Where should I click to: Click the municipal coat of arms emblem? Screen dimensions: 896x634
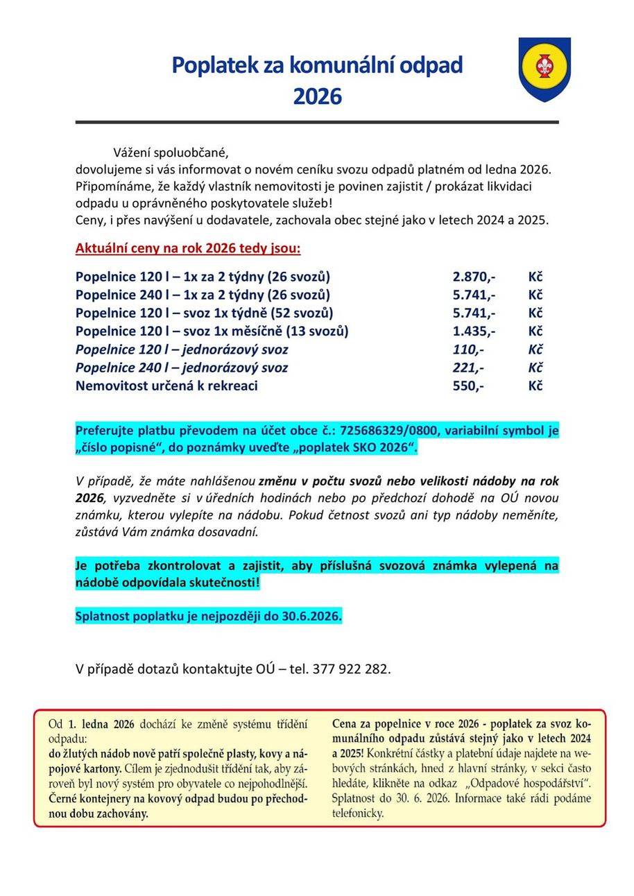(x=545, y=69)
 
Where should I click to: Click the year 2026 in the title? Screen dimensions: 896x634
(x=317, y=96)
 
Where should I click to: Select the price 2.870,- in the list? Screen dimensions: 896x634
(x=474, y=277)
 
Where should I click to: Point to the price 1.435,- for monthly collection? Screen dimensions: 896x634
(x=474, y=331)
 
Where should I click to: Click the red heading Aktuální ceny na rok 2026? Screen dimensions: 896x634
(x=188, y=248)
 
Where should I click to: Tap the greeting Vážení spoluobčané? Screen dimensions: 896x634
(x=171, y=153)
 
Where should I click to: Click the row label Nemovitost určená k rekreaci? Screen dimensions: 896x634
(x=166, y=386)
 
